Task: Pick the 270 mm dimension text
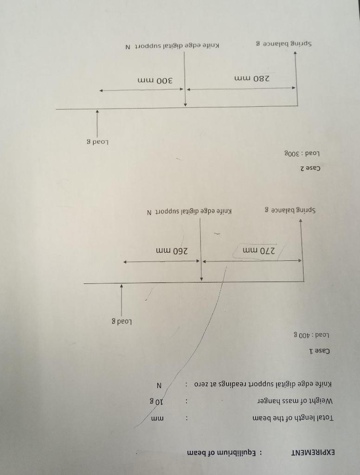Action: click(x=259, y=251)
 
